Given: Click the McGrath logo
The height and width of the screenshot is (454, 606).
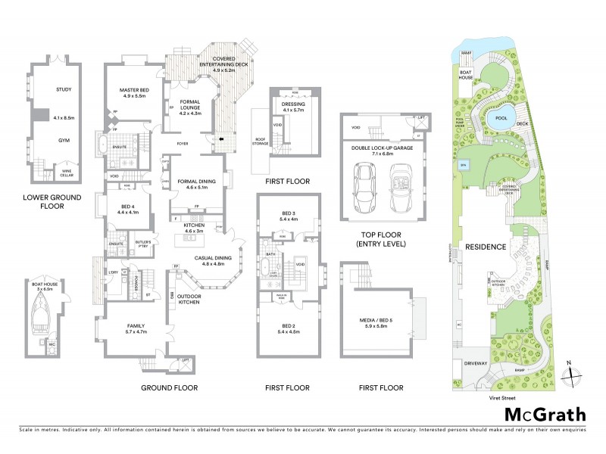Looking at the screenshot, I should tap(545, 414).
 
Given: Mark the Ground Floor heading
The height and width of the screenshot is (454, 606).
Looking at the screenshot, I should tap(170, 387).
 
